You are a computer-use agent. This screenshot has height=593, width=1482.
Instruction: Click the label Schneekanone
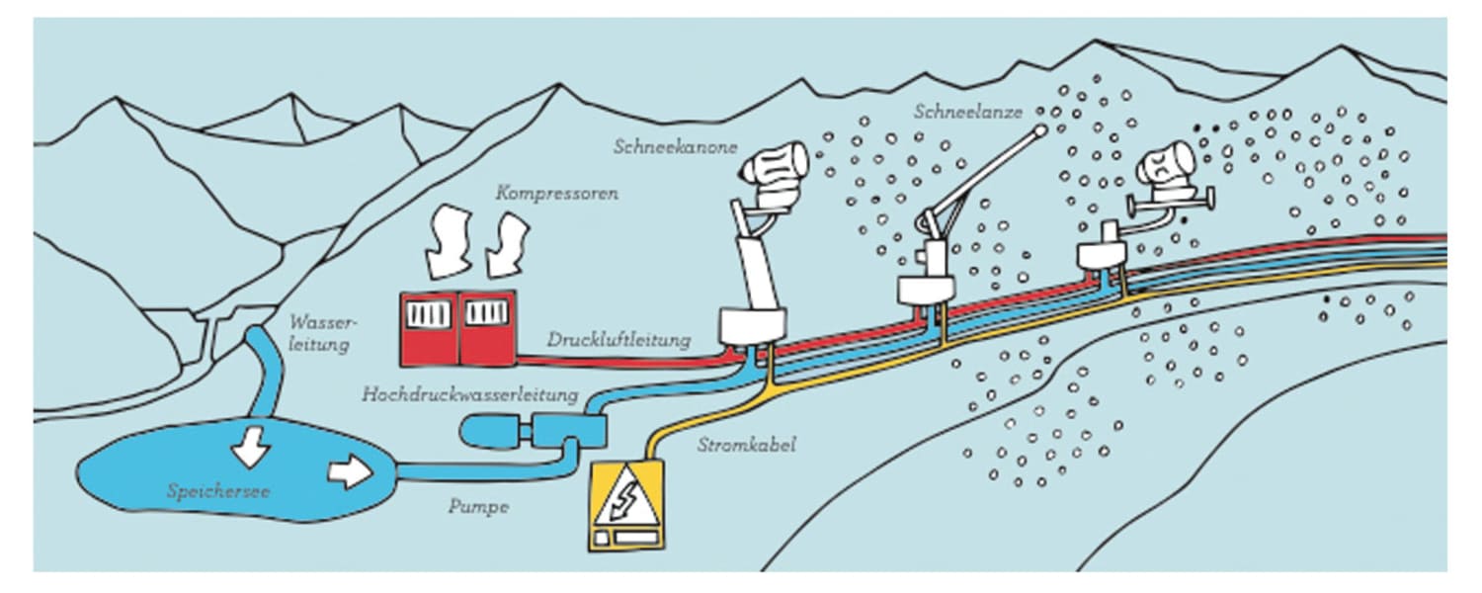point(675,146)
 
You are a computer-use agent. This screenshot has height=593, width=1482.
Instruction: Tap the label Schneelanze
point(968,112)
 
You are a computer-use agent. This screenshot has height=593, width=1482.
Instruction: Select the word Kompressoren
point(558,193)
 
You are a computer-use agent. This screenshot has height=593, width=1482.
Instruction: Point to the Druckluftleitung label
point(618,340)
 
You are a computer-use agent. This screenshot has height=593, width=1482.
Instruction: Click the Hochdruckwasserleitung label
point(469,394)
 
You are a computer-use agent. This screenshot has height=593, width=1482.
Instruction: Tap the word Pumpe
point(478,507)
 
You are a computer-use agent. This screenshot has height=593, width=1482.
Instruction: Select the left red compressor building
point(429,327)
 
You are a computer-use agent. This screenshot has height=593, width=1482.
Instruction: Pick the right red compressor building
point(486,327)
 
